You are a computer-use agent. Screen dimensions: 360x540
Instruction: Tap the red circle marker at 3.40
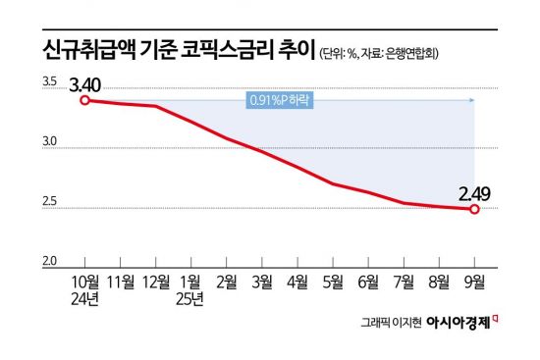coord(85,99)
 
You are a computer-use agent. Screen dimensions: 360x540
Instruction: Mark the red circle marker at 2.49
coord(474,209)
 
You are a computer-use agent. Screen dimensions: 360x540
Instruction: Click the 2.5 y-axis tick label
coord(48,203)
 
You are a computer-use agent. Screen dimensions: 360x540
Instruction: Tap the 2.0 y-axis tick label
coord(48,260)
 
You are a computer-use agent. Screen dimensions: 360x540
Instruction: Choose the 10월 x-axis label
coord(85,282)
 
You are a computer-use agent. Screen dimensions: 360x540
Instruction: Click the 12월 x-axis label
coord(156,282)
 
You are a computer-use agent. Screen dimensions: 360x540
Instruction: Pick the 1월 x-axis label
coord(191,282)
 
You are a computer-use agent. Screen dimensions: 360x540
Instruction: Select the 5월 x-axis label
coord(333,282)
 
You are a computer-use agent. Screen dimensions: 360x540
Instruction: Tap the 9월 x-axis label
coord(474,282)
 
